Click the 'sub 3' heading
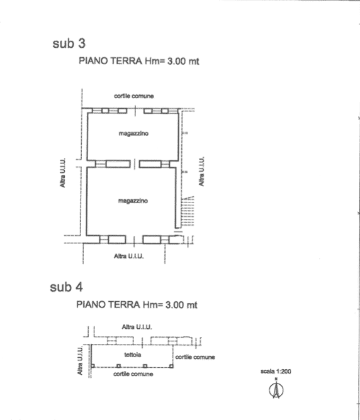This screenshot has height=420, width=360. click(x=69, y=43)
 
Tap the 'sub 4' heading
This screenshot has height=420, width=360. click(x=66, y=287)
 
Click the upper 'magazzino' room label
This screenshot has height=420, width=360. click(x=133, y=133)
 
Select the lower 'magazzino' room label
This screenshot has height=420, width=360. click(x=133, y=201)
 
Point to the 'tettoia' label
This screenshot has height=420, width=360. click(x=133, y=355)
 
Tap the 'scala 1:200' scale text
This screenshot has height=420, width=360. click(x=276, y=371)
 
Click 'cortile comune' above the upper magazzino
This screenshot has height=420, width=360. click(x=134, y=96)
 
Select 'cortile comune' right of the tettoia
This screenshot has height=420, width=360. click(x=195, y=357)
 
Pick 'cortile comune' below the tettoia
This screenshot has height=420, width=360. click(x=133, y=374)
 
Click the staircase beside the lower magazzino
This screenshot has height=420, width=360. click(x=188, y=211)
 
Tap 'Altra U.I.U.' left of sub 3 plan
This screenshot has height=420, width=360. click(x=62, y=173)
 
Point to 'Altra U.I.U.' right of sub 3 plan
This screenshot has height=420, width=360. click(x=201, y=172)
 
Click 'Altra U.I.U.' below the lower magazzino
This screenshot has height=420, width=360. click(x=129, y=256)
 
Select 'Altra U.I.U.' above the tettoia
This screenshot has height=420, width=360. click(x=137, y=327)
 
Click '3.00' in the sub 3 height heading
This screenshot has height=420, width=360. click(x=176, y=61)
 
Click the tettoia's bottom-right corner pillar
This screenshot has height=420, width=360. click(x=172, y=366)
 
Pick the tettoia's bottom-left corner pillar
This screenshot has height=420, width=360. click(x=93, y=366)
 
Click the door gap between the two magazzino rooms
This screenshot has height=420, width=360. click(x=135, y=164)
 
